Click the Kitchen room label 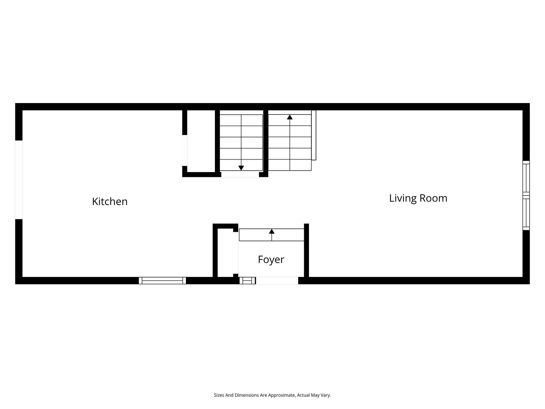point(110,202)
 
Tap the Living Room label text point(418,198)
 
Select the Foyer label point(271,259)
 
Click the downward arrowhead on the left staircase point(241,168)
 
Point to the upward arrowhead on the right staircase point(290,117)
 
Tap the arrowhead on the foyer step point(272,231)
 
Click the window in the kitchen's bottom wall point(162,281)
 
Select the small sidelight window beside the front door point(247,281)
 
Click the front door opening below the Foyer point(277,281)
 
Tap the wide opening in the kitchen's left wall point(19,180)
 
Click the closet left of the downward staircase point(201,141)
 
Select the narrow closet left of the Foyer point(225,252)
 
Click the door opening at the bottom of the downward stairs point(240,174)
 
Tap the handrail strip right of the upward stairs point(314,135)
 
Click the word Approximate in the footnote point(282,395)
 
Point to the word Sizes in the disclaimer point(219,395)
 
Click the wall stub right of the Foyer point(306,250)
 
